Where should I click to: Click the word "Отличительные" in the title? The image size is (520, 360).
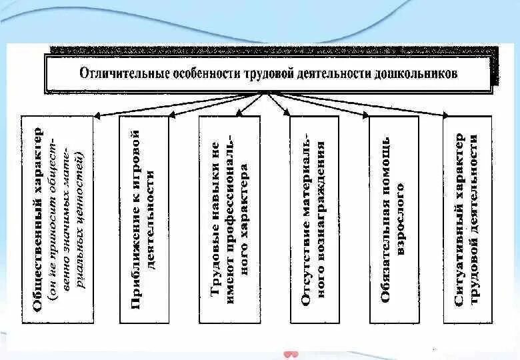click(118, 74)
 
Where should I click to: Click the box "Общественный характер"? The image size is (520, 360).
click(57, 220)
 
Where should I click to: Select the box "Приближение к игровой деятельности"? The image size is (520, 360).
click(144, 220)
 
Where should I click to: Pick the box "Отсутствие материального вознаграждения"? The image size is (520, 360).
click(314, 220)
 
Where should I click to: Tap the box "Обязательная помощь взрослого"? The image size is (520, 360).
click(393, 220)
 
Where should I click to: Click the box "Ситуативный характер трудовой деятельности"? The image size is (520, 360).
click(467, 220)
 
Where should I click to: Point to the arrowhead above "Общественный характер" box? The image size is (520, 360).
click(97, 115)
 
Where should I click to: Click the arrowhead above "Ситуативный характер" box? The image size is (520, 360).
click(446, 116)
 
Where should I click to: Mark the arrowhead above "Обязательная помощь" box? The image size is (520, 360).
click(367, 115)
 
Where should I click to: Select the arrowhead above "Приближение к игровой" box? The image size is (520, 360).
click(171, 115)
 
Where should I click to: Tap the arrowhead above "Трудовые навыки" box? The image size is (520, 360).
click(241, 115)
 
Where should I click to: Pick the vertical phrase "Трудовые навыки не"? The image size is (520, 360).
click(215, 220)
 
